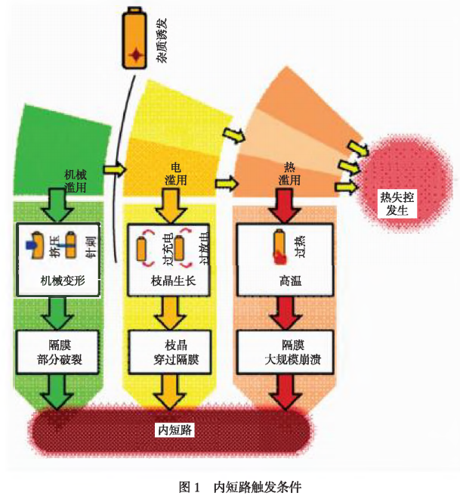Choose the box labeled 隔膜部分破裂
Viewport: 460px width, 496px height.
[x=58, y=353]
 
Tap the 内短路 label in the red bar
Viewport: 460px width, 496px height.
[x=174, y=429]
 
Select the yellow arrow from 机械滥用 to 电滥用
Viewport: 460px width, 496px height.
[x=114, y=169]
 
